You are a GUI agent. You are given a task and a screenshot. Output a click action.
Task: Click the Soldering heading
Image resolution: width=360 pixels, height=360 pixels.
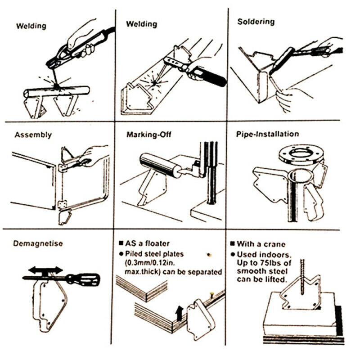[x=256, y=22]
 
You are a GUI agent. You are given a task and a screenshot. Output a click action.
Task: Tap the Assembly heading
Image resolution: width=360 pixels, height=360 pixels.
[x=33, y=135]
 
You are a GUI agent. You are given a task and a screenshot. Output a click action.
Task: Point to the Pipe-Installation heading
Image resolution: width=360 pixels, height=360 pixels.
[x=267, y=134]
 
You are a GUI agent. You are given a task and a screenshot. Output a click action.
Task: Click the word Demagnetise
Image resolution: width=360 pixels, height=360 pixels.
[x=38, y=243]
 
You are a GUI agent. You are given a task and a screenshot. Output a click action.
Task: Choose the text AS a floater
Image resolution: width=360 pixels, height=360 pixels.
[x=146, y=243]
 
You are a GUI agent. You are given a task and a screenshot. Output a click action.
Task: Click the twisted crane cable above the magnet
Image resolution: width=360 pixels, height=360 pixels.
[x=302, y=276]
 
